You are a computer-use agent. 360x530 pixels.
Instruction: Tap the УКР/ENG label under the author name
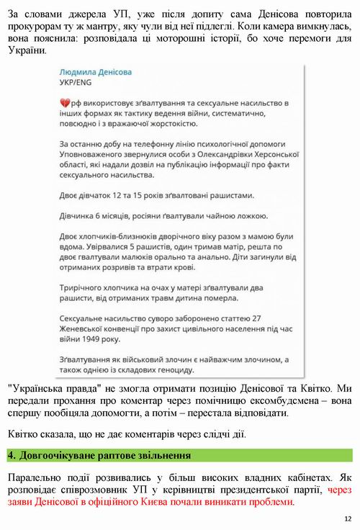click(x=74, y=83)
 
